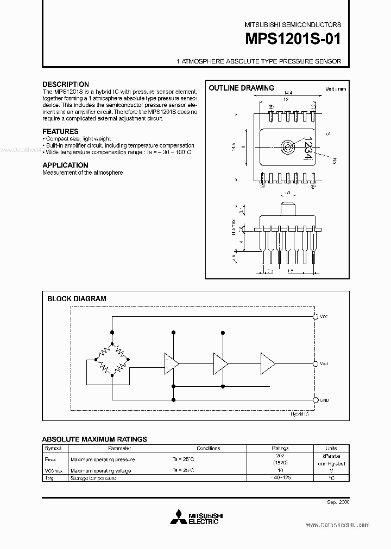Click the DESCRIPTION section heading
click(66, 85)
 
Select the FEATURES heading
click(60, 131)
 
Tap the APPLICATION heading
click(65, 165)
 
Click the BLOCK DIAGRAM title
click(77, 298)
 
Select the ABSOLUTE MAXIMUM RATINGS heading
click(94, 439)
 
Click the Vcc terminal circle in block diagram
click(315, 316)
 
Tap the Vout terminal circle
click(315, 363)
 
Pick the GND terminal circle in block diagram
click(315, 400)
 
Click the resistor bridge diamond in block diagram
click(112, 359)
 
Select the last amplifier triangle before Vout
click(268, 363)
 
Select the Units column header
click(330, 448)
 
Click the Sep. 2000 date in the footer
click(337, 503)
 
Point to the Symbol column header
click(53, 448)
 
